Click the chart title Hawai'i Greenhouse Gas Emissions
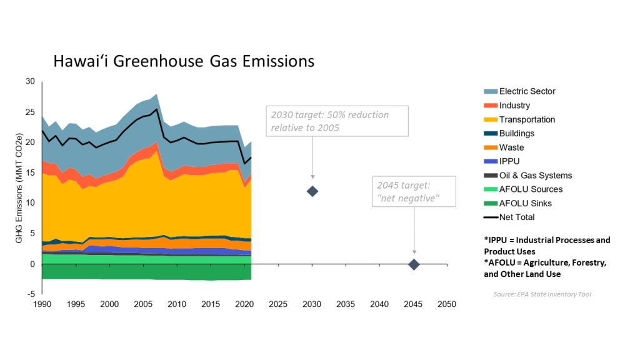(x=183, y=61)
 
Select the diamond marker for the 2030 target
(x=312, y=191)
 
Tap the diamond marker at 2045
(x=414, y=264)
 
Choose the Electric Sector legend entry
(x=527, y=91)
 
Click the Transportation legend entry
(x=527, y=119)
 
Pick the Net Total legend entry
(x=517, y=217)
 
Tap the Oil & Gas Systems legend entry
(x=535, y=176)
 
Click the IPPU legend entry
(x=509, y=161)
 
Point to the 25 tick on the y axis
(x=31, y=112)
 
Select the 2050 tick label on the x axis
(x=446, y=304)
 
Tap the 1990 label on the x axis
(x=42, y=304)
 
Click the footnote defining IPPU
(x=547, y=245)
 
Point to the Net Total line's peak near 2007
(x=156, y=109)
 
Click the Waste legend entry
(x=511, y=147)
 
